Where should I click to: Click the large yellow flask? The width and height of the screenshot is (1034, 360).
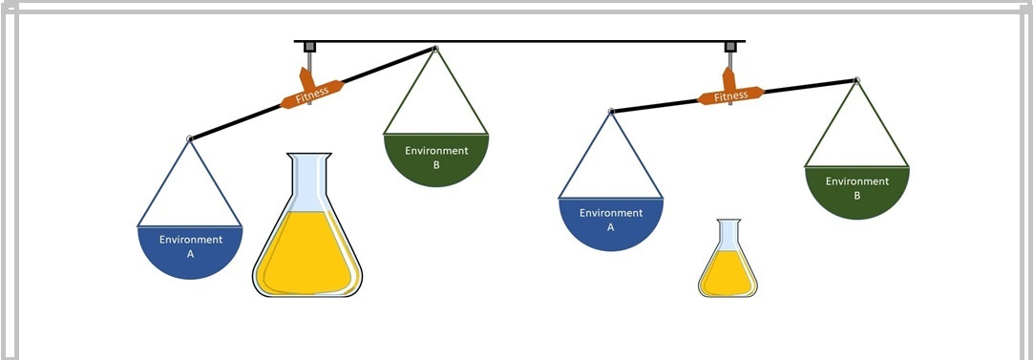click(306, 229)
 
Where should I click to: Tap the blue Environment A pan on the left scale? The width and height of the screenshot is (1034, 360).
click(190, 251)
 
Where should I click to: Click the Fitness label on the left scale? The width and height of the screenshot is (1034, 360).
click(312, 92)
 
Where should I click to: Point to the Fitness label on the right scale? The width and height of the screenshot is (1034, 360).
click(731, 95)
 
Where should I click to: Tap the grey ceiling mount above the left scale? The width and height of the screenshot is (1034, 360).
click(308, 47)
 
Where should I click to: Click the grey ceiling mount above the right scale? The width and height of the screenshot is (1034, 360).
click(730, 47)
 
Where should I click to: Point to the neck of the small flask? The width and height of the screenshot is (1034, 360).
click(728, 232)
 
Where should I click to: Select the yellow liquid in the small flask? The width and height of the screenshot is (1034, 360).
click(728, 273)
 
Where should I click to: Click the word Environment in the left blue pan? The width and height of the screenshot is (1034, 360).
click(191, 240)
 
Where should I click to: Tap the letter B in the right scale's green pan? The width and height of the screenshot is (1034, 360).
click(856, 195)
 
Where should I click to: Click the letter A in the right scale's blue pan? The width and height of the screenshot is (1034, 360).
click(610, 227)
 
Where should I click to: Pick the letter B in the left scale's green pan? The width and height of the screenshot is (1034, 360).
click(435, 164)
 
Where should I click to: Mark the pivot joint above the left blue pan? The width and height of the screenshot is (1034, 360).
click(190, 139)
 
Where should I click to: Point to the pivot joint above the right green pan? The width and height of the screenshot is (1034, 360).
click(856, 80)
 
